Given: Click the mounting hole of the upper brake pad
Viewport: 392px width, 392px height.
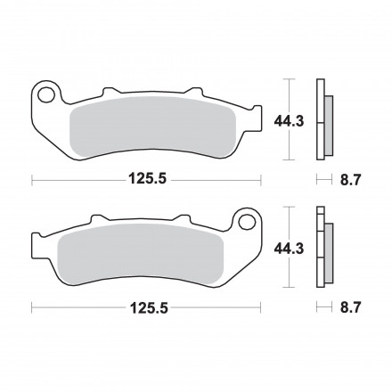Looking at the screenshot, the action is pos(46,95).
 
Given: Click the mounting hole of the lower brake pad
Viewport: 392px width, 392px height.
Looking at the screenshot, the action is pos(247,222).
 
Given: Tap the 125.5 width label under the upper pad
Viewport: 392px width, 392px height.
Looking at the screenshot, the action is pos(147,179).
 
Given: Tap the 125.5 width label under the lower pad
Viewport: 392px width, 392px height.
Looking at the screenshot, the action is pos(149,308).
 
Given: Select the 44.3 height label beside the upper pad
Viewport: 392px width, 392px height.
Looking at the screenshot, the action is pos(289,121).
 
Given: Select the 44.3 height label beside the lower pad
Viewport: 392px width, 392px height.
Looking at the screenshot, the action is pos(289,249).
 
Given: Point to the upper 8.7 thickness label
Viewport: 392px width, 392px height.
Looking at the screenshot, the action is pos(350,180).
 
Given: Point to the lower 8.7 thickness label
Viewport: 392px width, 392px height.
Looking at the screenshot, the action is pos(350,307).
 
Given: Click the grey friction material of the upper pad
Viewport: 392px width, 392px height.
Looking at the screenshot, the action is pos(152,127).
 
